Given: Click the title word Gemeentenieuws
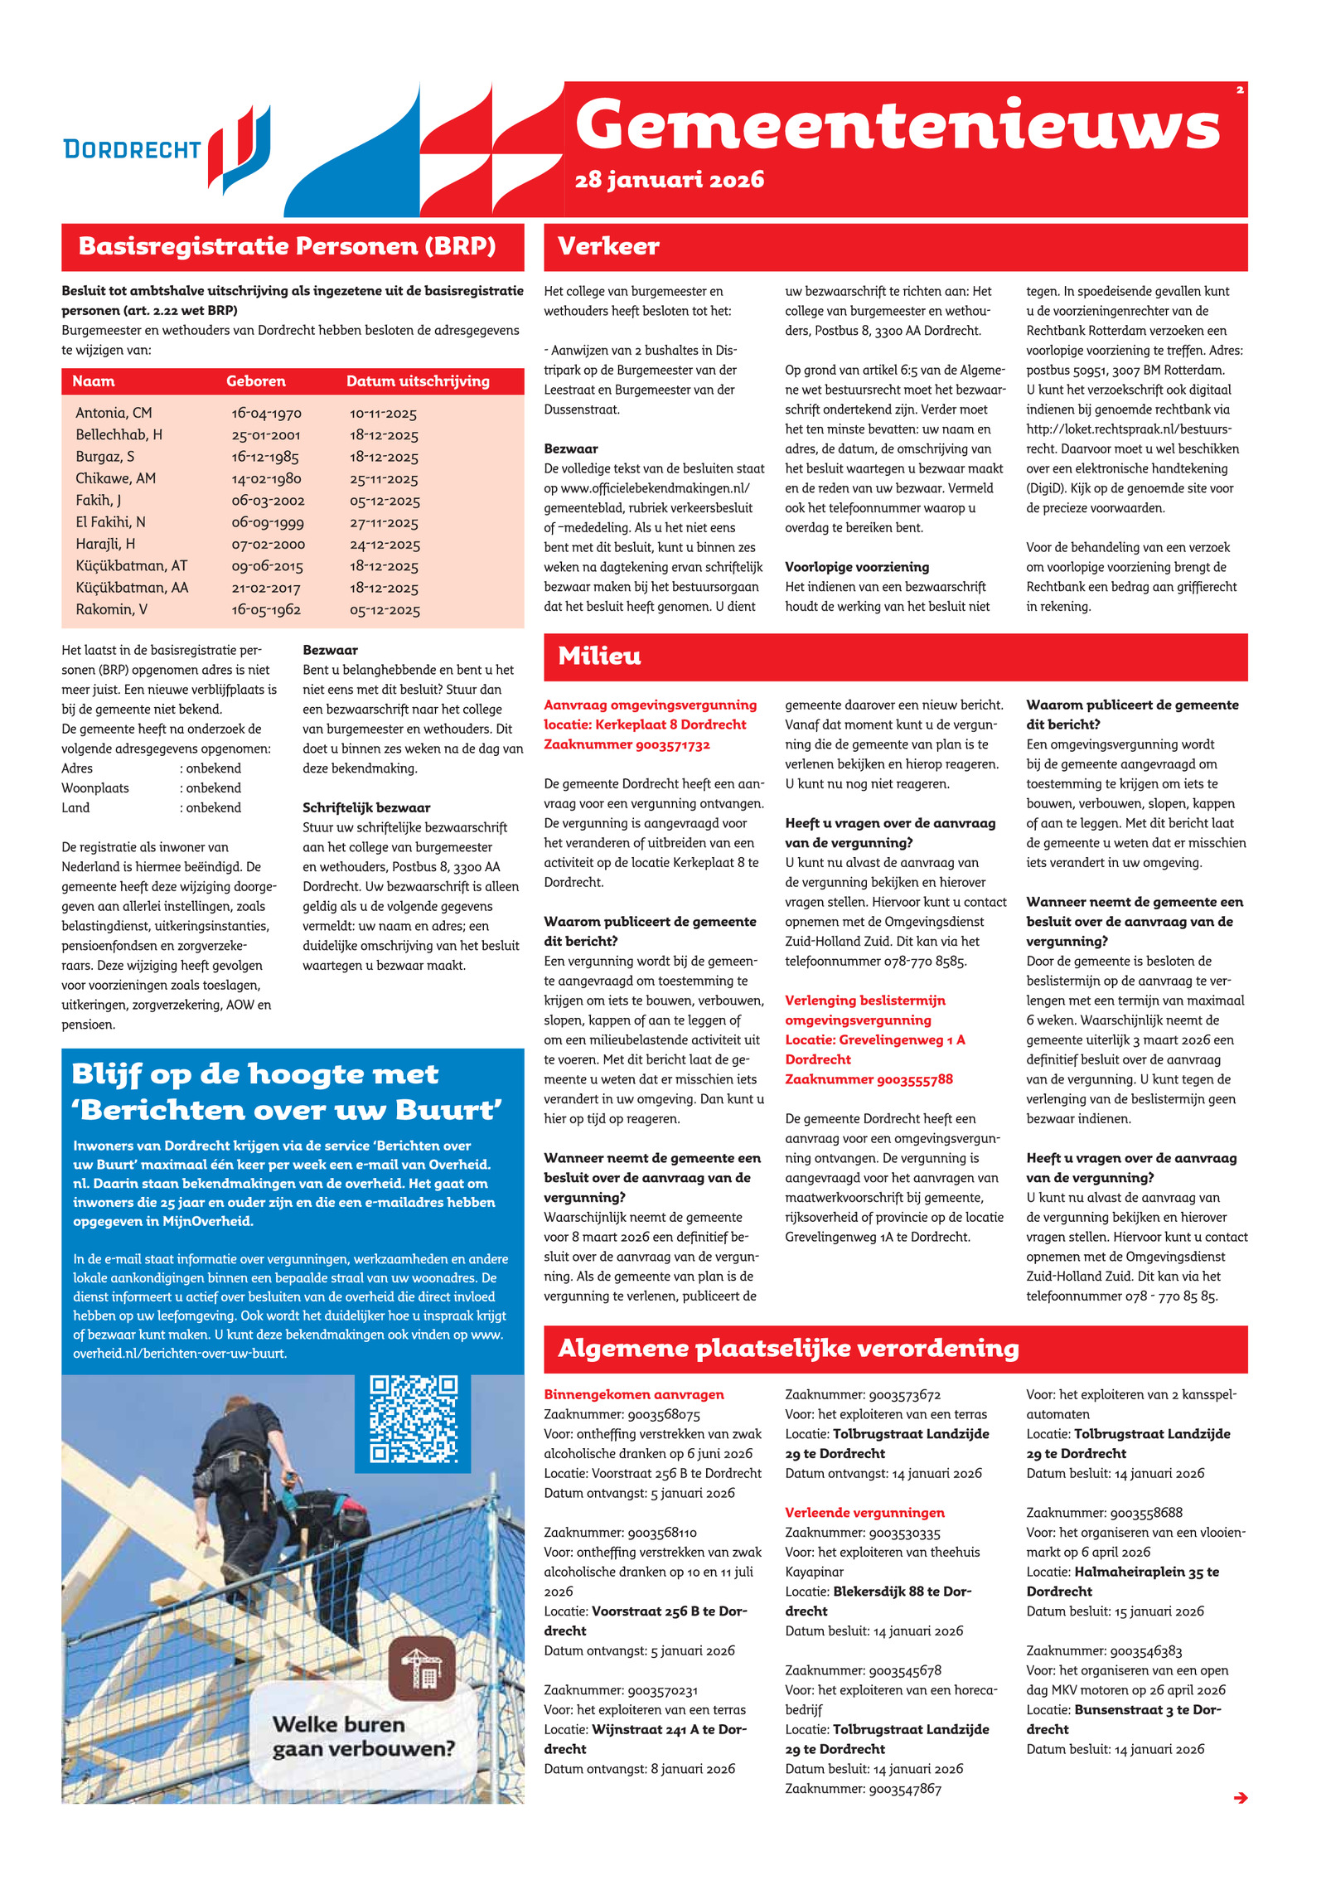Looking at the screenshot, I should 897,126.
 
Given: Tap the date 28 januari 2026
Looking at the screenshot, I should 669,180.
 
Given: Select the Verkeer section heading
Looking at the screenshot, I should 608,246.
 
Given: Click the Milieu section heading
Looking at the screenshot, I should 599,656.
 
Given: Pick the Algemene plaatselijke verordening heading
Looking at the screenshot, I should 788,1348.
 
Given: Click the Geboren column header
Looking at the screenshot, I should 255,381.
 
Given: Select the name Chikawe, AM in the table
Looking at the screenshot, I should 115,478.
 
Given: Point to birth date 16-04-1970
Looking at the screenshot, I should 266,413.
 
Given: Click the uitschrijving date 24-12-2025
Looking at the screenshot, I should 385,545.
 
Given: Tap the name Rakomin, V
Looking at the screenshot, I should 111,609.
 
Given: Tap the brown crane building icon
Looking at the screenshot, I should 421,1668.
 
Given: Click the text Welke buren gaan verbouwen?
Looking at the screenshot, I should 363,1737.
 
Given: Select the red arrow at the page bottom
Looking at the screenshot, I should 1240,1797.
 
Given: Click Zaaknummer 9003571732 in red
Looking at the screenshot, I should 627,744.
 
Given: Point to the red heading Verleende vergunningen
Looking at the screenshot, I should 864,1513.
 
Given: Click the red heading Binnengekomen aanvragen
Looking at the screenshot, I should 633,1394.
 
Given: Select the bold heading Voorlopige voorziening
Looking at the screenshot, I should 857,567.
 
